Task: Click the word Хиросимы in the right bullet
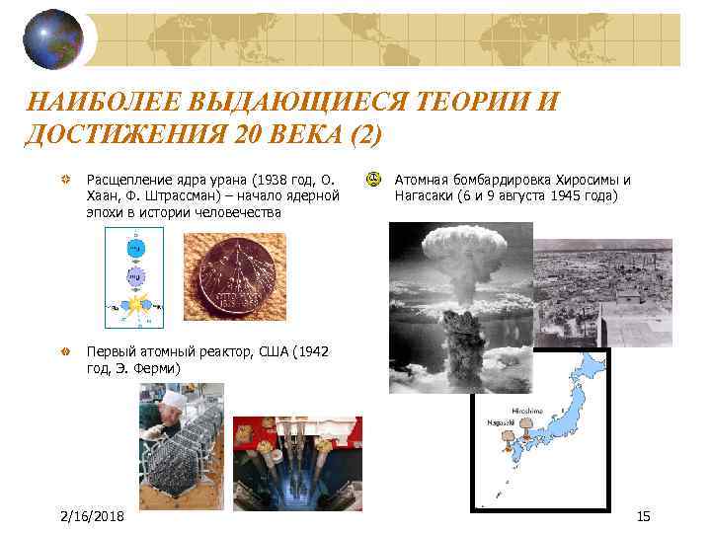click(572, 180)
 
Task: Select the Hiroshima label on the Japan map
click(526, 410)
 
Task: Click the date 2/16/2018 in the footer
click(92, 516)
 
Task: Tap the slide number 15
click(643, 516)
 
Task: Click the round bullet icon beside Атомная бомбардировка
click(372, 180)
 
